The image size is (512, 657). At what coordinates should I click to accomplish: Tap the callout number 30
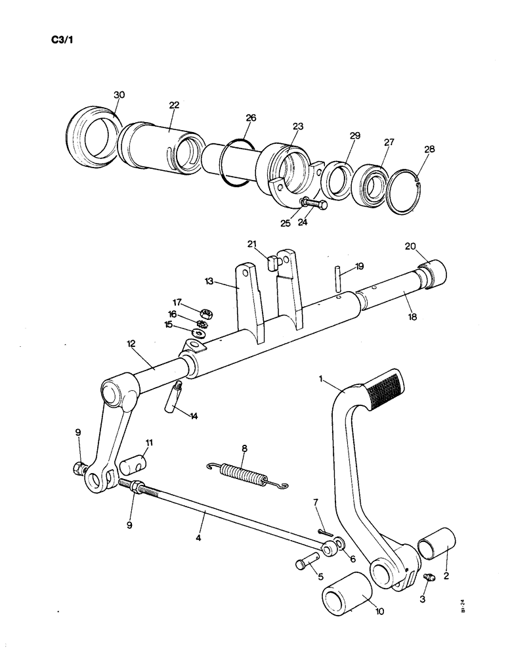point(118,95)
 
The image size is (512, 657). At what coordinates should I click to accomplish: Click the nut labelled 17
point(204,313)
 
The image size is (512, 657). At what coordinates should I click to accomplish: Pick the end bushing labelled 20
point(431,272)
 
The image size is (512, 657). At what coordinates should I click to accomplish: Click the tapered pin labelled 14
point(173,399)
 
